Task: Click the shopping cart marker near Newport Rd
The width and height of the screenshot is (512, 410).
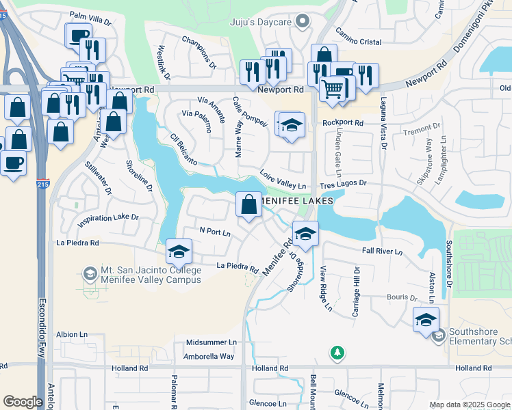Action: point(333,88)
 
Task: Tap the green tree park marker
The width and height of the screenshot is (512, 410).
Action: point(337,353)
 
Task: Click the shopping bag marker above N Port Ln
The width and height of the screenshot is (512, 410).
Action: point(248,204)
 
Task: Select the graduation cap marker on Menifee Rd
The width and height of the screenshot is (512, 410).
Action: point(305,234)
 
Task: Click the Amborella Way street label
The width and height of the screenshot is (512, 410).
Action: point(209,357)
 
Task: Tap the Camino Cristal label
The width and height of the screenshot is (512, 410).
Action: point(357,42)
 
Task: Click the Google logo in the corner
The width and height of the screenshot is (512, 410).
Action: point(23,402)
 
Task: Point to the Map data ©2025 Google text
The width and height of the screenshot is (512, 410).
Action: point(469,405)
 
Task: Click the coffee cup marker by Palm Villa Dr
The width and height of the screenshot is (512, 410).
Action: point(77,36)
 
